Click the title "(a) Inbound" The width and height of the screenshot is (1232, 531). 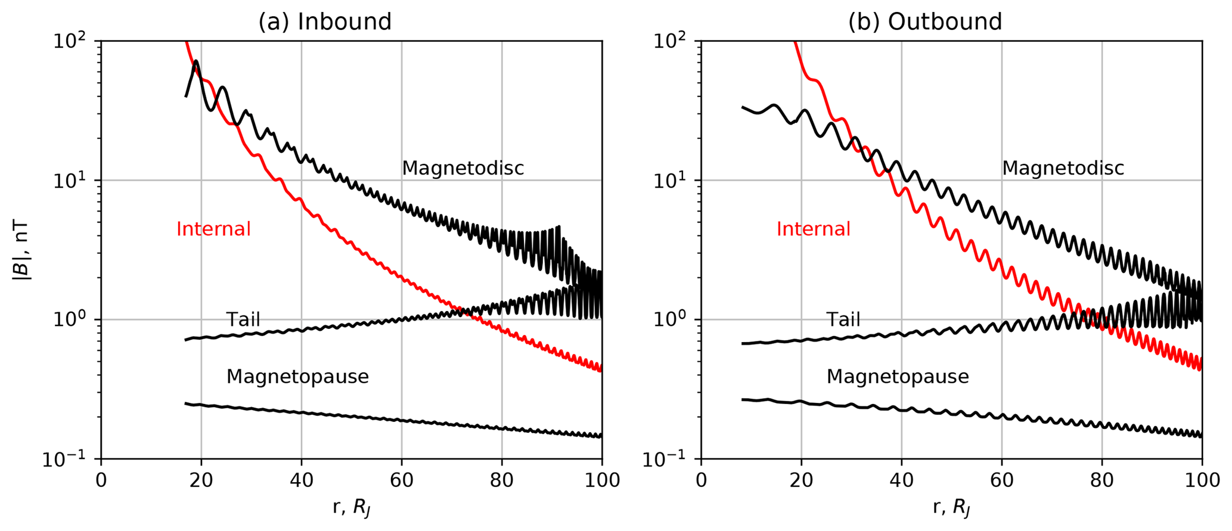[x=325, y=22]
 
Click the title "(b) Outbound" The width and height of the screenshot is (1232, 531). [x=925, y=22]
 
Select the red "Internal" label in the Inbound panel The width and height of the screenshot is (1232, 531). [x=213, y=229]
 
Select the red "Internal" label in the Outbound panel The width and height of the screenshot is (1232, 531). [x=813, y=229]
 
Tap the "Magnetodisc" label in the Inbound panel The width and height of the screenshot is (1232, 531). [x=463, y=169]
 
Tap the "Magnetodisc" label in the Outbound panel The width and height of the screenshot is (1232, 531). [x=1063, y=169]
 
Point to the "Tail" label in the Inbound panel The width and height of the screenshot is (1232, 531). [x=243, y=320]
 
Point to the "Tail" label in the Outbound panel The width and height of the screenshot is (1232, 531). [x=843, y=320]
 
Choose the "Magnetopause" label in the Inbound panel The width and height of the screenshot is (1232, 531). [x=297, y=377]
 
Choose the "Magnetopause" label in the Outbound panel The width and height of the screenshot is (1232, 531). [x=898, y=377]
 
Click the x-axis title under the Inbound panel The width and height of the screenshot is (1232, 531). [x=352, y=508]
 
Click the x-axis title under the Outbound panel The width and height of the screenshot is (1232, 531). [x=952, y=508]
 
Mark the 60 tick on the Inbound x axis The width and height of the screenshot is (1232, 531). [x=401, y=480]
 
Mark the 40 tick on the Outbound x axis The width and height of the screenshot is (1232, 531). [x=901, y=480]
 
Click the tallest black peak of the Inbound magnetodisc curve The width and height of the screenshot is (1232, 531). [x=196, y=61]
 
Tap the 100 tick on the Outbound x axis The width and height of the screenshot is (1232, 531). [x=1202, y=480]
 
